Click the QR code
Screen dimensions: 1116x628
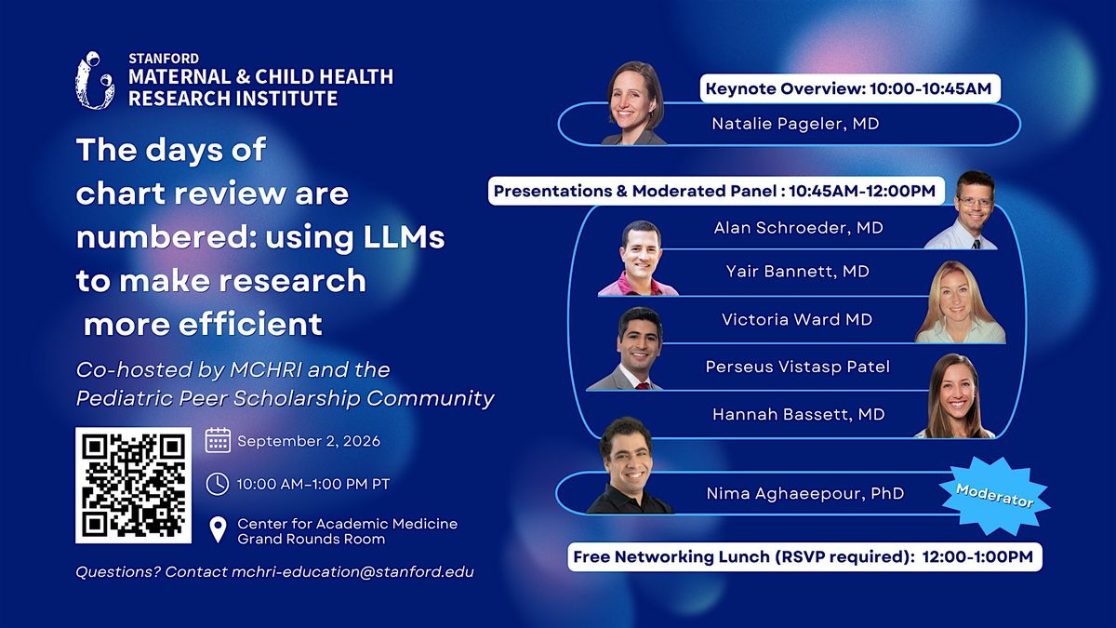(134, 485)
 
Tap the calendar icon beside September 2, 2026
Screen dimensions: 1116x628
(218, 441)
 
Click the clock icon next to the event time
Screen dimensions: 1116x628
(218, 484)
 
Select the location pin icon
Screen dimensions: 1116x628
(218, 529)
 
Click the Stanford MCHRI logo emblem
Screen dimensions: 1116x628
(95, 80)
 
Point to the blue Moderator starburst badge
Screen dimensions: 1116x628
(994, 496)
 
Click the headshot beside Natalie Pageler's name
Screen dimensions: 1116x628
(634, 103)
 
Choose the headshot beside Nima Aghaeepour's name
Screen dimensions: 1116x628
(629, 465)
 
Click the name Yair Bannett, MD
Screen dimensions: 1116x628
(798, 271)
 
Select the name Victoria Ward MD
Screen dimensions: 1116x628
(797, 319)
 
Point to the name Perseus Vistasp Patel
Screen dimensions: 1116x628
(798, 367)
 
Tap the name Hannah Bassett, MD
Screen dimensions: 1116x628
(799, 414)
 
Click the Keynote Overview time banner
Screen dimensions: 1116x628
(850, 88)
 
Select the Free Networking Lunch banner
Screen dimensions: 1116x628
(804, 556)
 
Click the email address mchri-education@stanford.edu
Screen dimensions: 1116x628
(352, 571)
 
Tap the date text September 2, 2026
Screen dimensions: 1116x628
(309, 441)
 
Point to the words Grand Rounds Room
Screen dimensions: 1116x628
(312, 539)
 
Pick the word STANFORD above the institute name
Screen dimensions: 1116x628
(164, 59)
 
